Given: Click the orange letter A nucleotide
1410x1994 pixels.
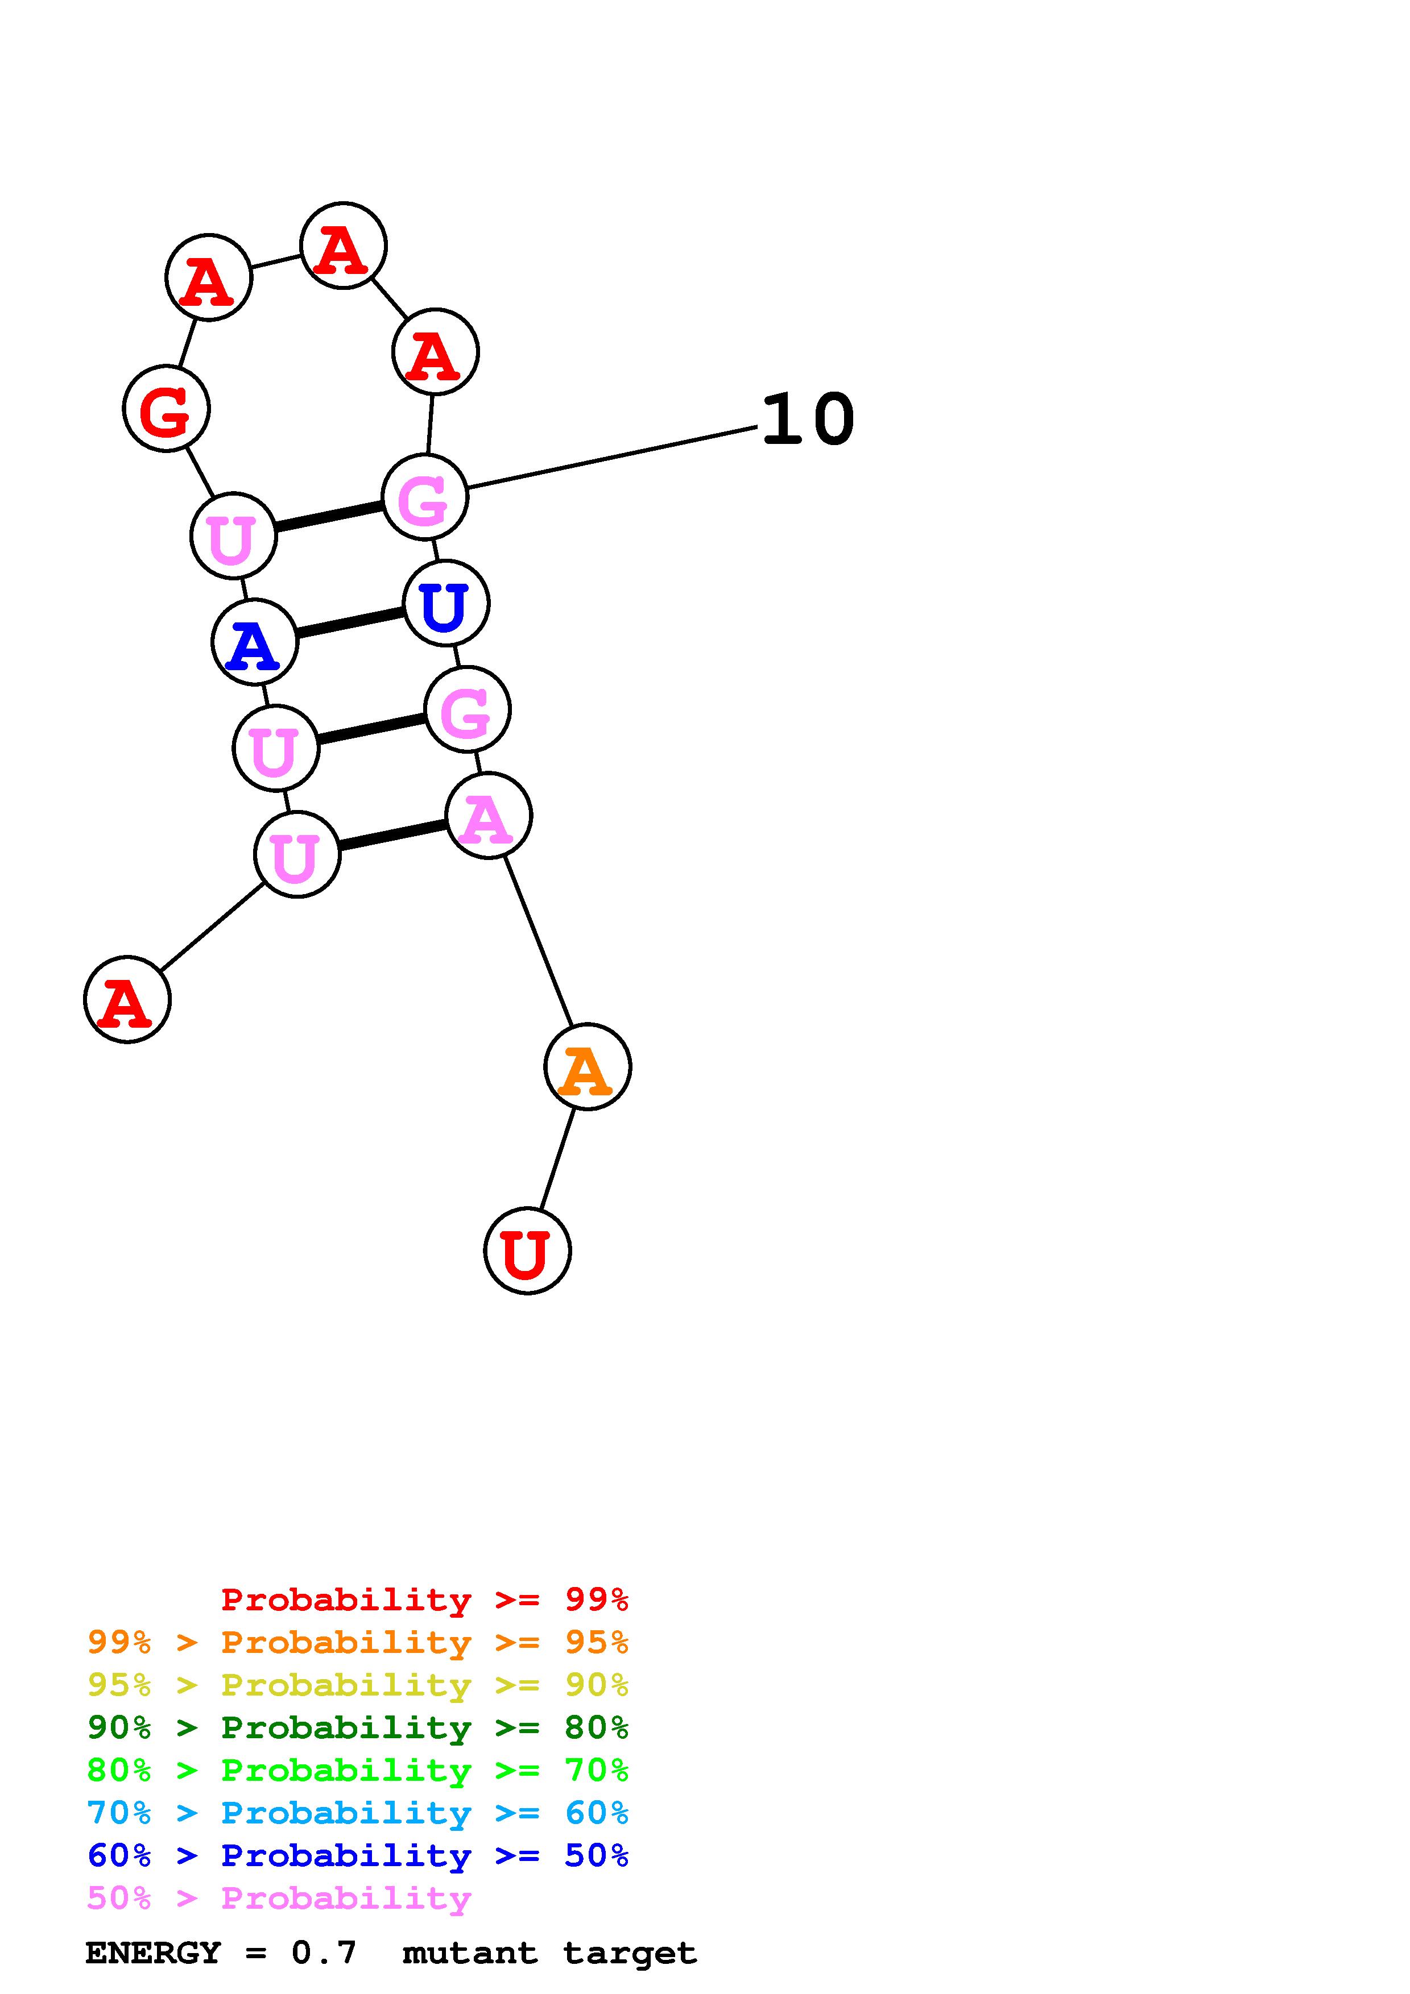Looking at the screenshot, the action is pyautogui.click(x=588, y=1066).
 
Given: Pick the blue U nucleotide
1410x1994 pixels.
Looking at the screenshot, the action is pyautogui.click(x=446, y=604).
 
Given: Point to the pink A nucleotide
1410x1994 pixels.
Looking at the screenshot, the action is pyautogui.click(x=488, y=816).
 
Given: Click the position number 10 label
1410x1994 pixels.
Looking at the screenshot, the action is pyautogui.click(x=808, y=420).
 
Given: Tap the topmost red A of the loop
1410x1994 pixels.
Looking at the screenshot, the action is pyautogui.click(x=343, y=246).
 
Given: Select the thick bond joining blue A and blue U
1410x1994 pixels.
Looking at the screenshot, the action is pyautogui.click(x=350, y=622).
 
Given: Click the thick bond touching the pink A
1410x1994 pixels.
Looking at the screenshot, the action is pyautogui.click(x=392, y=836).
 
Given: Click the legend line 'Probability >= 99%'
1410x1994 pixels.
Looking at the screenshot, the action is pyautogui.click(x=425, y=1600).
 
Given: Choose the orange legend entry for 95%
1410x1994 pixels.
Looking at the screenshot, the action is pyautogui.click(x=358, y=1642).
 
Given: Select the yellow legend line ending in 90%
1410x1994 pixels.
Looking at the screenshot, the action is pyautogui.click(x=358, y=1685).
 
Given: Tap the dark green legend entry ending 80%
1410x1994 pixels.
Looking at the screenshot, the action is pyautogui.click(x=358, y=1727).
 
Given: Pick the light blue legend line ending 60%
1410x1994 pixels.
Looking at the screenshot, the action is pyautogui.click(x=358, y=1813).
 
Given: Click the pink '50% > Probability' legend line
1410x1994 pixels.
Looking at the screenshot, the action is pyautogui.click(x=279, y=1897).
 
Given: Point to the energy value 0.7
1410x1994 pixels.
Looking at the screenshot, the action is pyautogui.click(x=323, y=1953).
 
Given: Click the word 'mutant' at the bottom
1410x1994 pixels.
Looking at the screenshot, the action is pyautogui.click(x=470, y=1953).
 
